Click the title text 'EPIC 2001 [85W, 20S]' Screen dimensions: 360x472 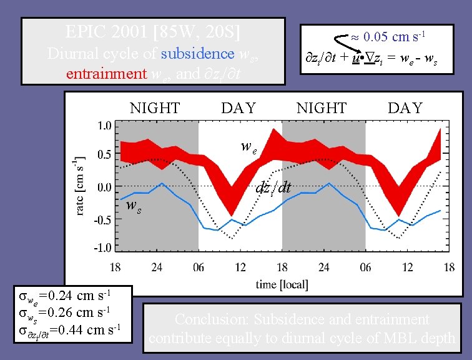click(153, 31)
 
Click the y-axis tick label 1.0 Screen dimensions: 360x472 click(103, 125)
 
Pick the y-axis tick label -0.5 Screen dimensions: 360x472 click(101, 219)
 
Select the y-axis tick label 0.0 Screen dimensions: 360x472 click(103, 186)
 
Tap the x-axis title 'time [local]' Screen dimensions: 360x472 click(282, 284)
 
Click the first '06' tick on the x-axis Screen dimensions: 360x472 click(198, 267)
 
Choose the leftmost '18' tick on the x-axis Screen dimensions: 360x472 click(116, 267)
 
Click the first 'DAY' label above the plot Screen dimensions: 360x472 click(238, 108)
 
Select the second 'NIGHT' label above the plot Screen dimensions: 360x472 click(321, 108)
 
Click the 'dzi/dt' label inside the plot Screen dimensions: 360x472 click(273, 187)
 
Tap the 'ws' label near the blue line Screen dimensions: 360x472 click(133, 205)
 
